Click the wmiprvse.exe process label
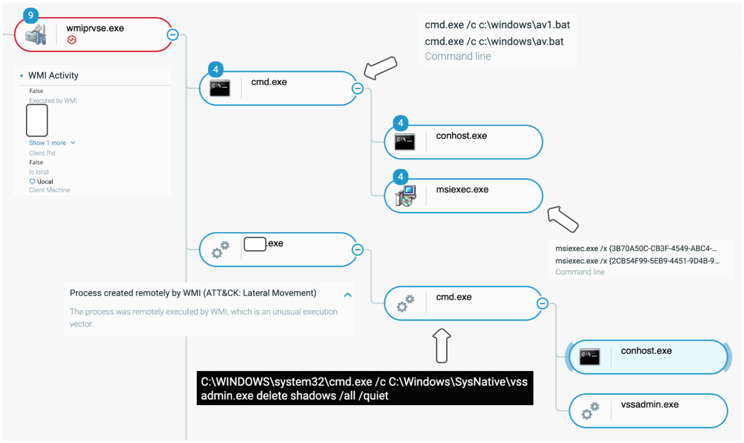(x=95, y=29)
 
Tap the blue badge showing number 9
(x=30, y=15)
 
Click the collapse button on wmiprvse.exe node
(x=173, y=35)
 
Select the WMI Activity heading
(x=53, y=76)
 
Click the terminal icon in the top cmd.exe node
(x=220, y=88)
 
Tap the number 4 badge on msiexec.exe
(x=400, y=177)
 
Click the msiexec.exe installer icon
(x=405, y=196)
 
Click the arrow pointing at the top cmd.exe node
(x=380, y=68)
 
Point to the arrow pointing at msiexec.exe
(x=563, y=219)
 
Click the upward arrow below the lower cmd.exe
(x=442, y=346)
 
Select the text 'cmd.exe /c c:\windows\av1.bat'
(x=497, y=25)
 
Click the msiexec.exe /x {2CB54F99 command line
(x=637, y=261)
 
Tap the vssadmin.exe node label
(x=649, y=405)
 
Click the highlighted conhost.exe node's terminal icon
(x=589, y=357)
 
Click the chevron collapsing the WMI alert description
(x=348, y=295)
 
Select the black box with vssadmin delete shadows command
(x=364, y=389)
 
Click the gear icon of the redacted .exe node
(x=220, y=250)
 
